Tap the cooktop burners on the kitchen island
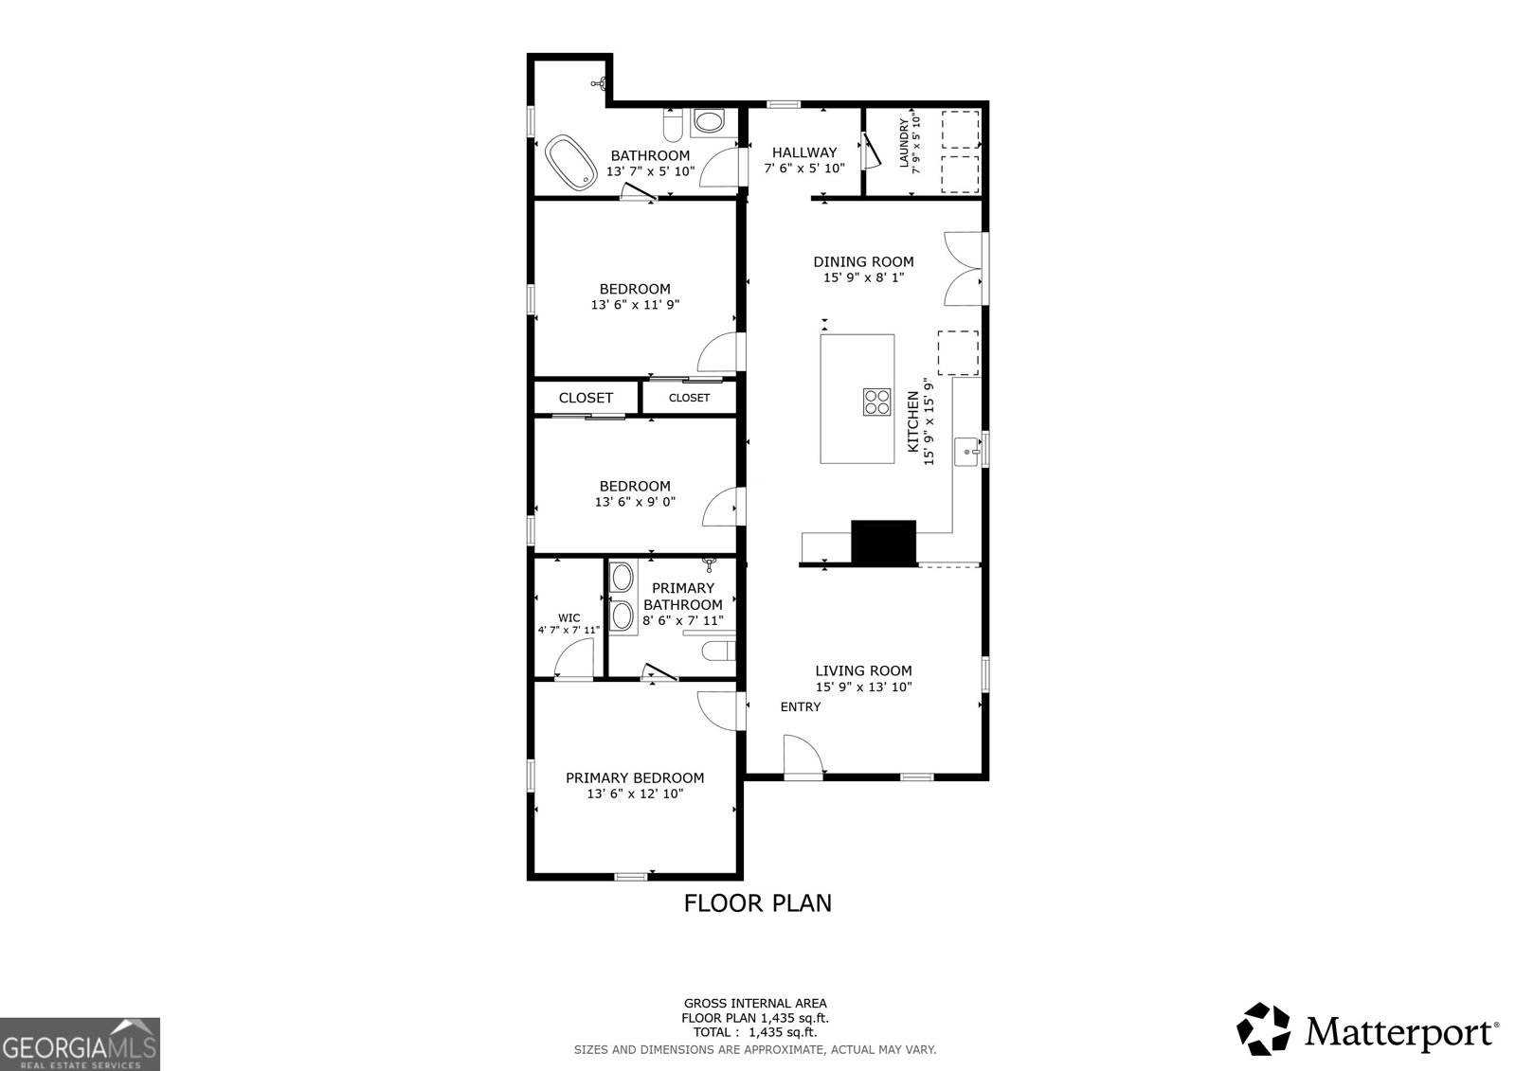pos(877,402)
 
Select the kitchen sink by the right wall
pos(967,452)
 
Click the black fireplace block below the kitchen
pos(883,542)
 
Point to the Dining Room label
pos(863,262)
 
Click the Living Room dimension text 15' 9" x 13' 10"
pos(863,687)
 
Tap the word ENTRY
pos(801,707)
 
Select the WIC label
pos(568,618)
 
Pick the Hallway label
pos(804,152)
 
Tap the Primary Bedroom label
pos(635,778)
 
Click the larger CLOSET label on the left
pos(586,398)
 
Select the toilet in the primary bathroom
pos(719,651)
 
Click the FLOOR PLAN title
pos(758,903)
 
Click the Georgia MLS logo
pos(80,1044)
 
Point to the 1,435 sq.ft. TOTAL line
pos(755,1033)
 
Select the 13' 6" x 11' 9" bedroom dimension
pos(635,305)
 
